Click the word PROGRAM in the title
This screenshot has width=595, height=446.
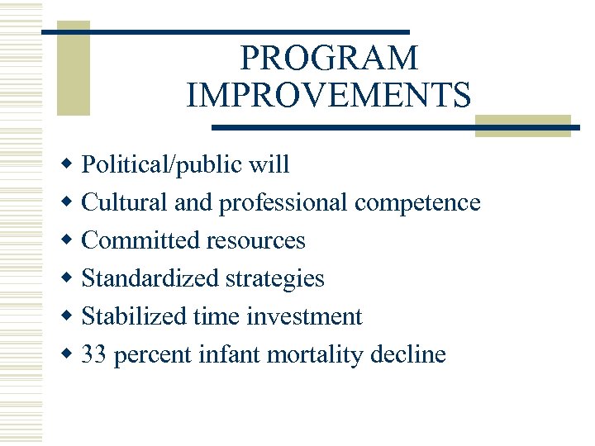tap(328, 59)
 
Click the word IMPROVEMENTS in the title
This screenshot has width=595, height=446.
tap(329, 94)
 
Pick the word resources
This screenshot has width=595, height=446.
tap(256, 240)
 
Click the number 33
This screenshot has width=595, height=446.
tap(95, 355)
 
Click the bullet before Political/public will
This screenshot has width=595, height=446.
tap(69, 164)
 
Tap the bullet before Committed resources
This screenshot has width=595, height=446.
tap(69, 240)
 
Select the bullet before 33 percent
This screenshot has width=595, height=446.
tap(69, 355)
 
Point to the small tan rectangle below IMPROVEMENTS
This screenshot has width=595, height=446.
tap(522, 126)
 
